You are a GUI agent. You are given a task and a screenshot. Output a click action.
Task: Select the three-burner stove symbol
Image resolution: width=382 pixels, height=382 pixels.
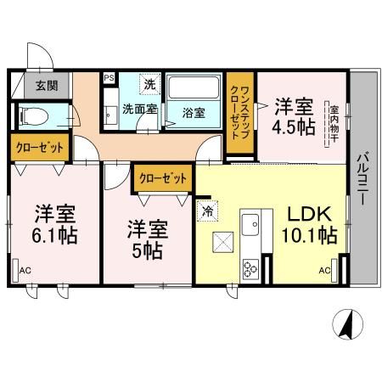click(251, 270)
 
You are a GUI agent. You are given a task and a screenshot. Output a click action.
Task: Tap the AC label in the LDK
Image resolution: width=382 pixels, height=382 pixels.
click(324, 271)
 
